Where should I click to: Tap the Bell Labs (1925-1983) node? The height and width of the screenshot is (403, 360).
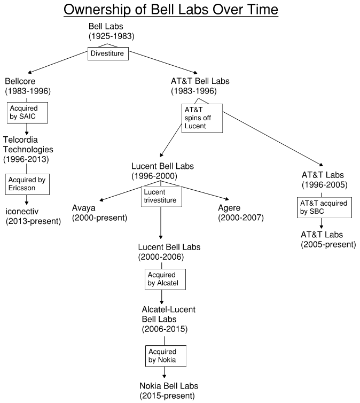pyautogui.click(x=111, y=32)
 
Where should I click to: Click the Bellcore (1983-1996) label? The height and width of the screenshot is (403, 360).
pyautogui.click(x=28, y=86)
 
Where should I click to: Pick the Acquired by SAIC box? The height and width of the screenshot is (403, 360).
pyautogui.click(x=27, y=113)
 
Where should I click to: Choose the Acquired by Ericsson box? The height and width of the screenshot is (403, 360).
pyautogui.click(x=27, y=182)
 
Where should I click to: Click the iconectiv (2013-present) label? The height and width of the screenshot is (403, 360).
pyautogui.click(x=33, y=213)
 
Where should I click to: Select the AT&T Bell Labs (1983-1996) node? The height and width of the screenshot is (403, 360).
pyautogui.click(x=200, y=86)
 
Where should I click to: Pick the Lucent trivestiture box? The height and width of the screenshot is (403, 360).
pyautogui.click(x=161, y=197)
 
